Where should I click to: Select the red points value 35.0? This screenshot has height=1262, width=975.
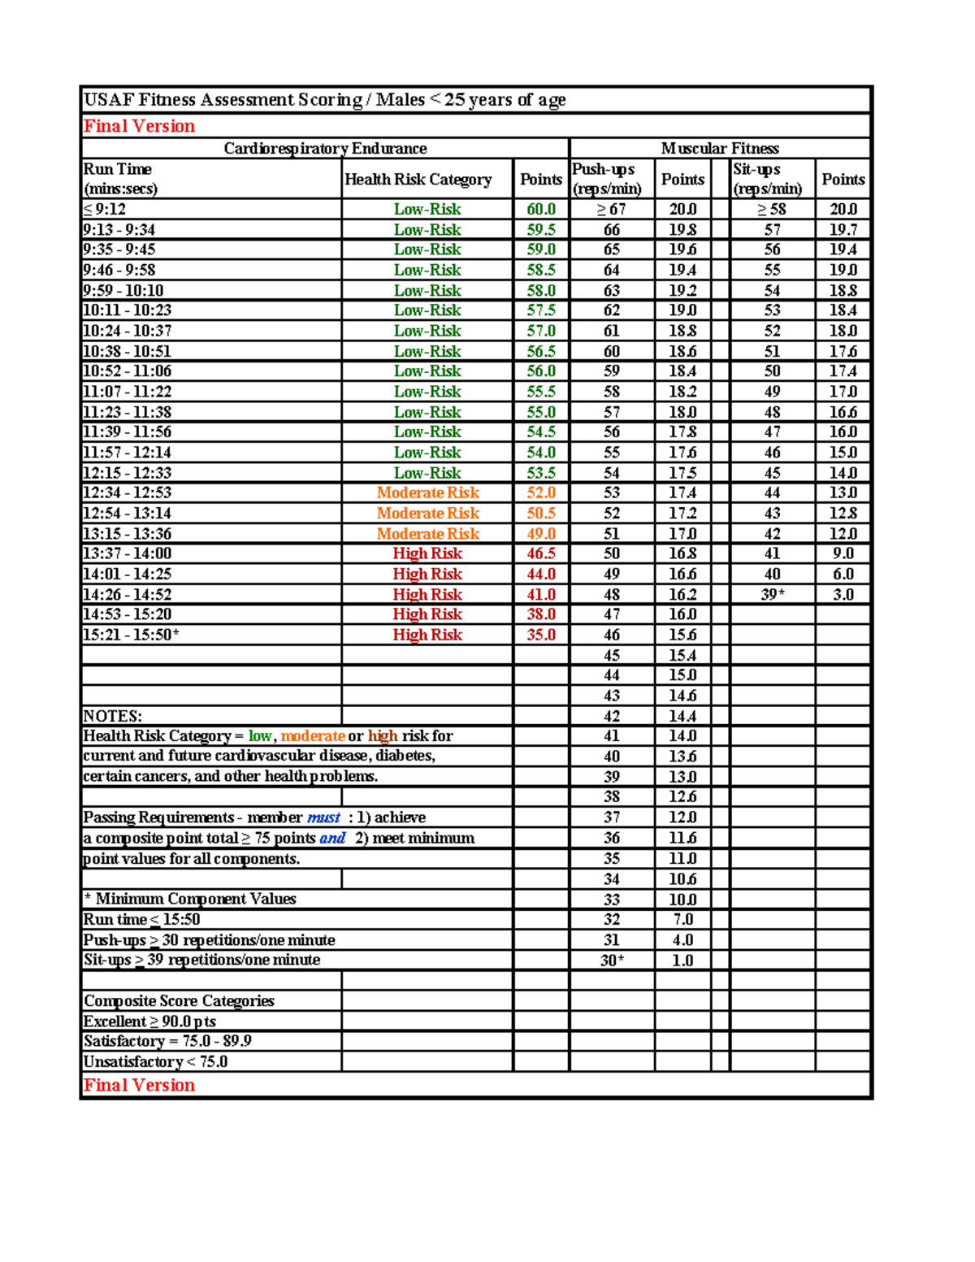541,635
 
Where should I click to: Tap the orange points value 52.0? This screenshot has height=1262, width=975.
541,492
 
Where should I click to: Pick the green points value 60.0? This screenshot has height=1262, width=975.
541,210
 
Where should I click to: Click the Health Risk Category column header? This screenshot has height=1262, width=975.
418,180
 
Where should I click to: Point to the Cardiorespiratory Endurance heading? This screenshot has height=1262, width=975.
325,149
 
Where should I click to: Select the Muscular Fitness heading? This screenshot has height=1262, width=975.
720,149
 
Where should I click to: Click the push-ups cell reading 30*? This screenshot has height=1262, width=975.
612,961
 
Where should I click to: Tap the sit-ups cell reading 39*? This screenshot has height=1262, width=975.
772,595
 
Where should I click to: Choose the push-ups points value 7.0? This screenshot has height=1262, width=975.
682,919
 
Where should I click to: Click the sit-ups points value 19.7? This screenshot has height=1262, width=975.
843,230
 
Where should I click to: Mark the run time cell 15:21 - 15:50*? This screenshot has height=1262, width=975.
131,635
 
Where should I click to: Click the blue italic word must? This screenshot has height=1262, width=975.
323,817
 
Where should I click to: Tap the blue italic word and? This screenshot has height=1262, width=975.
332,838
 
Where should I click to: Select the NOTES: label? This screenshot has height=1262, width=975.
113,716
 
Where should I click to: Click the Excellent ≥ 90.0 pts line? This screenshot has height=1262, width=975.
149,1021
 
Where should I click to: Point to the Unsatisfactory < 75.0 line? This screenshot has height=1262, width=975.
155,1062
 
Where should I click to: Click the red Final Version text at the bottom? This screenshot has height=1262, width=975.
139,1085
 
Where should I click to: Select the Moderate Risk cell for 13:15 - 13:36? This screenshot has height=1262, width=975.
427,534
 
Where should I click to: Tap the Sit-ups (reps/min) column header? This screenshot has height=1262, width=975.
767,179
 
